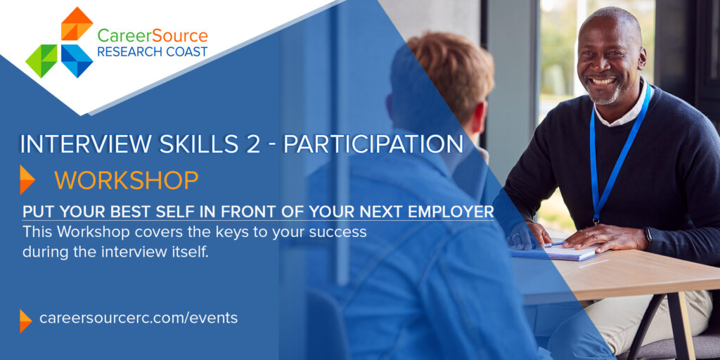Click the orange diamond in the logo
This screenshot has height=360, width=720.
77,24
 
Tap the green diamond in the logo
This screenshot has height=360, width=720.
41,60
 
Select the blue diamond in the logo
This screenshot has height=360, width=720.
77,60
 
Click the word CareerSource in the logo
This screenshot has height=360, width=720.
153,35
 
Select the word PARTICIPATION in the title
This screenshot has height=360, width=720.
373,143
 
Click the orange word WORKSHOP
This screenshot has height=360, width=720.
127,181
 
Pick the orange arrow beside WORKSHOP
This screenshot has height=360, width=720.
27,180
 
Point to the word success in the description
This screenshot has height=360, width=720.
337,232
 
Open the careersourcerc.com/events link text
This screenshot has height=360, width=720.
139,318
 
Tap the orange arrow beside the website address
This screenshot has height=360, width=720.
25,321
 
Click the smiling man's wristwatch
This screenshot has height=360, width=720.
648,235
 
